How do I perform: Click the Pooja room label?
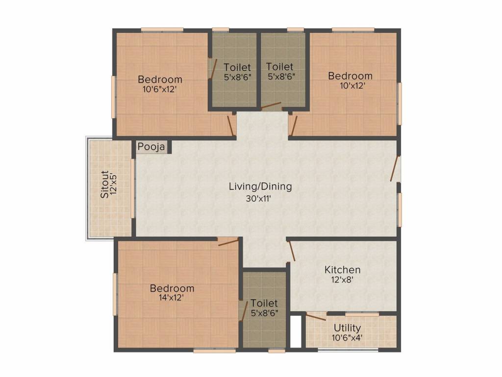(151, 146)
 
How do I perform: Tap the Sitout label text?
(105, 185)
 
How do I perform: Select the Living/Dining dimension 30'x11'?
(258, 198)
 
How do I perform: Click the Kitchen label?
(342, 269)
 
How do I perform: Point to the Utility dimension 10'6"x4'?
(347, 338)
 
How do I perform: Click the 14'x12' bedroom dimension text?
(171, 297)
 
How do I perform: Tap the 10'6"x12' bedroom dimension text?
(159, 89)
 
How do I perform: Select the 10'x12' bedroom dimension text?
(352, 85)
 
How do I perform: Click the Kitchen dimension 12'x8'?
(342, 279)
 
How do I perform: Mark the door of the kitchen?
(292, 251)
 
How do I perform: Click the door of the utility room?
(316, 318)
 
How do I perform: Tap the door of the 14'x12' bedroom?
(228, 242)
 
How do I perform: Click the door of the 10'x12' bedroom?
(294, 125)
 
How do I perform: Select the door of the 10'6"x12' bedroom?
(231, 125)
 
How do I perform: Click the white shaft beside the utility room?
(296, 331)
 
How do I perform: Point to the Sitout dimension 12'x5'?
(114, 185)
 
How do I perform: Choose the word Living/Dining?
(260, 186)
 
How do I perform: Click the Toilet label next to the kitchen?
(264, 303)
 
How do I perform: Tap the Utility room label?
(347, 328)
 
